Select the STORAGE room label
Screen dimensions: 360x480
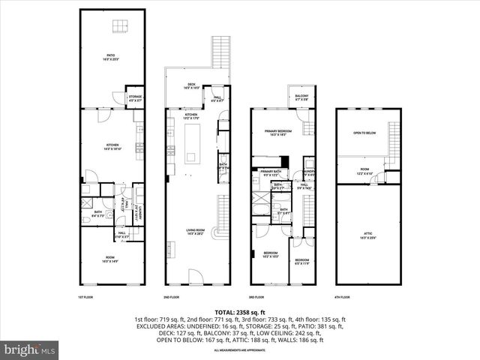click(x=135, y=97)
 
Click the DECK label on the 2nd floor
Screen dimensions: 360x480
click(x=192, y=86)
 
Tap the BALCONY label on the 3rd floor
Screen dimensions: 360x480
click(x=301, y=97)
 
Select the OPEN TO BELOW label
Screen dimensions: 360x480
click(x=364, y=133)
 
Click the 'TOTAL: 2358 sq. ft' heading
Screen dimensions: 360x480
click(x=239, y=310)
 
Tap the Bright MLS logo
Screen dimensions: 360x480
click(x=29, y=349)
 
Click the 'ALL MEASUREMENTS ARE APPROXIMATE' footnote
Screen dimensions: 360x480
click(x=239, y=350)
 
